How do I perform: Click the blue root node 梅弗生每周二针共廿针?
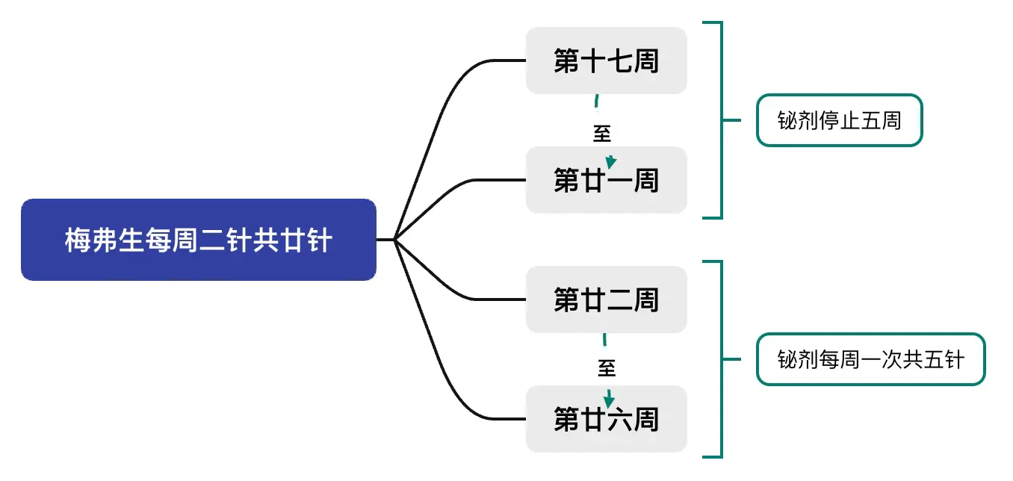tap(198, 240)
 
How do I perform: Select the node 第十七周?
tap(606, 60)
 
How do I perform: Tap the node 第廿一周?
tap(606, 180)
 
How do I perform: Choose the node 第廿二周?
tap(606, 300)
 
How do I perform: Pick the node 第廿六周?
tap(606, 419)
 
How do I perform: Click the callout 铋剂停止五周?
tap(839, 120)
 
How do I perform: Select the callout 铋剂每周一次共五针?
tap(870, 359)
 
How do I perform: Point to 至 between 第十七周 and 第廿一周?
tap(602, 134)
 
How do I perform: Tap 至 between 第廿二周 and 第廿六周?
tap(606, 367)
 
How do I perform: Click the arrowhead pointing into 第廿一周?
tap(611, 162)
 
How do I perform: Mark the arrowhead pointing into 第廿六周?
tap(609, 401)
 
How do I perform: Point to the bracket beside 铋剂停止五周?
tap(721, 120)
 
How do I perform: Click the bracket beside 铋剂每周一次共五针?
tap(721, 359)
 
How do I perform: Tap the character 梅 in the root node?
tap(77, 241)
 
